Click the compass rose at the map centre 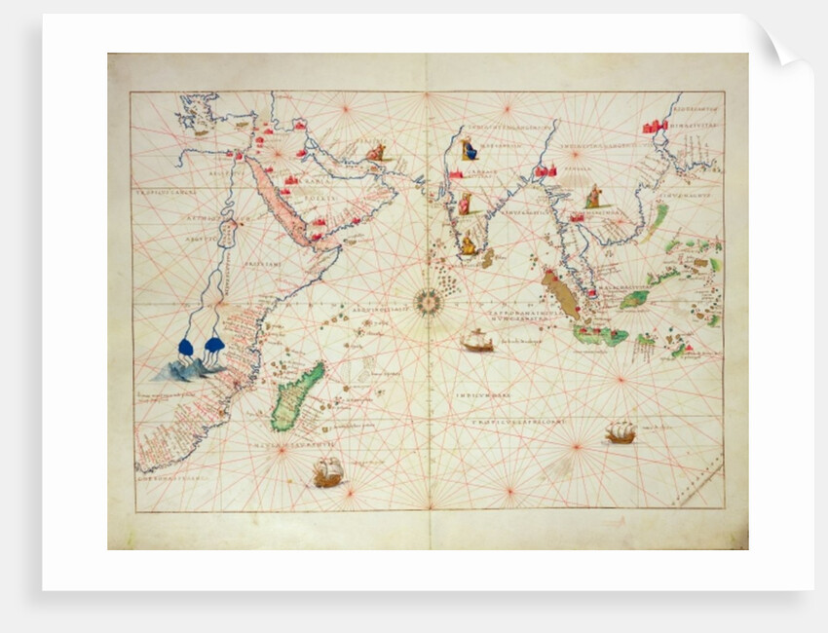[427, 302]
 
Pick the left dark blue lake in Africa [186, 346]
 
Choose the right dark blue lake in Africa [214, 346]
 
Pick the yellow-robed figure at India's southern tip [469, 244]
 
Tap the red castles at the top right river [655, 126]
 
